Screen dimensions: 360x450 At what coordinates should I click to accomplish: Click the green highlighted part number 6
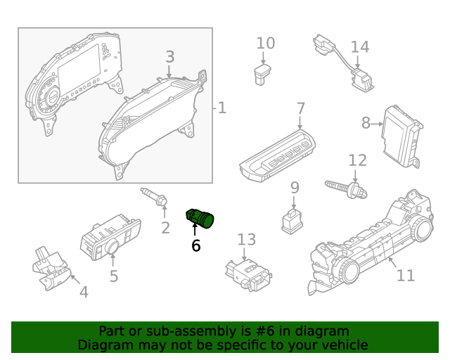pyautogui.click(x=200, y=219)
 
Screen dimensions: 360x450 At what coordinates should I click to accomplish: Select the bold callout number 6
pyautogui.click(x=195, y=245)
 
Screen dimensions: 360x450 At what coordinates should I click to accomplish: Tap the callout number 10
pyautogui.click(x=265, y=44)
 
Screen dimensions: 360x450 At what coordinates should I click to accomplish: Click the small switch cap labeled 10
pyautogui.click(x=265, y=73)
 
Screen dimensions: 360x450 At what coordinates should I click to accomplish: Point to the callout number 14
pyautogui.click(x=359, y=47)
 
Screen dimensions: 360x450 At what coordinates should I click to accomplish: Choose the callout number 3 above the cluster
pyautogui.click(x=170, y=57)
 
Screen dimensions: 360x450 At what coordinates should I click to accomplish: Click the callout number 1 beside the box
pyautogui.click(x=221, y=108)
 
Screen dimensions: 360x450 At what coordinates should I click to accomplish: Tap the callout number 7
pyautogui.click(x=300, y=109)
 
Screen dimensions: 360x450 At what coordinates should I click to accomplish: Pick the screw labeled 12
pyautogui.click(x=348, y=188)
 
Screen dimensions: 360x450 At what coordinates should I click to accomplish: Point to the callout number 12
pyautogui.click(x=357, y=160)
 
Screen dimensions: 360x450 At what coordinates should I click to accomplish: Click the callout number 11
pyautogui.click(x=406, y=275)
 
